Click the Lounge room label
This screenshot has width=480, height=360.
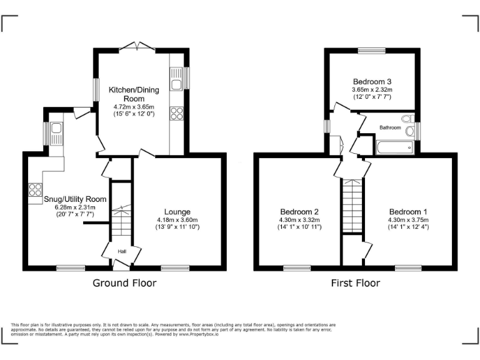click(177, 212)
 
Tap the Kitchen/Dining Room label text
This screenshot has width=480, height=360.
click(134, 94)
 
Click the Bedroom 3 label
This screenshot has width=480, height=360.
click(372, 82)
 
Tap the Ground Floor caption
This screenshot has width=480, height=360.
click(124, 283)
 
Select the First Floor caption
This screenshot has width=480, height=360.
click(355, 283)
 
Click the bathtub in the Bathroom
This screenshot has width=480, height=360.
click(394, 147)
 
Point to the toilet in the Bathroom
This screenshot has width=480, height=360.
click(407, 119)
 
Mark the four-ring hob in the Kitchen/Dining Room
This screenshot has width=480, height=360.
click(176, 113)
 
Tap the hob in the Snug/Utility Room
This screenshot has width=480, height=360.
click(34, 189)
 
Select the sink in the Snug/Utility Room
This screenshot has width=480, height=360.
click(56, 129)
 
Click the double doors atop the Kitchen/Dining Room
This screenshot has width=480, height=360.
click(137, 46)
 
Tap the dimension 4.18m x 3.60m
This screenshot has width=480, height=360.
click(177, 219)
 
